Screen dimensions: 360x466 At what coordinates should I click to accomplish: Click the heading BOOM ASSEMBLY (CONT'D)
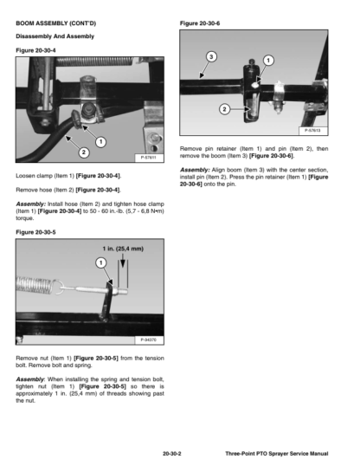tap(56, 23)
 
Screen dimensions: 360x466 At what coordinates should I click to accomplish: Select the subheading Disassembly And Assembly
tap(55, 36)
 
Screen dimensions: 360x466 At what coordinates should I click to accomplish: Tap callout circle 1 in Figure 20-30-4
tap(101, 142)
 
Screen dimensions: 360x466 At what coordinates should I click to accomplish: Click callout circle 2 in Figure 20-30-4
tap(84, 152)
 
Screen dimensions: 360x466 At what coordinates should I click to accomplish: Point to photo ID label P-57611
tap(149, 158)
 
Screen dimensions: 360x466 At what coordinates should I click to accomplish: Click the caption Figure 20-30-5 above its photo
tap(35, 232)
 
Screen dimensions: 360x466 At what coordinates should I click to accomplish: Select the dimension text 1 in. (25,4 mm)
tap(123, 249)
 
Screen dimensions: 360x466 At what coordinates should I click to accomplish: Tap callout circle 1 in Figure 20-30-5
tap(101, 262)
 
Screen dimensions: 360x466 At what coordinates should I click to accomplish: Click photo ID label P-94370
tap(149, 340)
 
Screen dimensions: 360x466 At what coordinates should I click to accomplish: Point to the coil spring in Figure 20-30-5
tap(35, 286)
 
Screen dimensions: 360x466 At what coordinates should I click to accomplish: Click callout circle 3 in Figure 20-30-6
tap(211, 56)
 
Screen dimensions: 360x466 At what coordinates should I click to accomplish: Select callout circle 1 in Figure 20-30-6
tap(268, 61)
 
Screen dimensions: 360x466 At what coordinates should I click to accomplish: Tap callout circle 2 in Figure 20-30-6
tap(224, 109)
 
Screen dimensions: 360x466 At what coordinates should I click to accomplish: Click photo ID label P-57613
tap(312, 131)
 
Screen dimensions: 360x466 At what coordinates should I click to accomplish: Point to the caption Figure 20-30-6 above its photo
tap(200, 23)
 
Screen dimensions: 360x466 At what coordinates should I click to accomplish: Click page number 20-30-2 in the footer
tap(172, 454)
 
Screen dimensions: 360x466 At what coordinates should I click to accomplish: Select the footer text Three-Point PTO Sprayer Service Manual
tap(277, 454)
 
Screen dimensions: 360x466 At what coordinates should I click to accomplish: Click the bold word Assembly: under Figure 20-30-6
tap(195, 170)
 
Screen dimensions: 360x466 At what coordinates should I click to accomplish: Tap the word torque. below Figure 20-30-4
tap(25, 218)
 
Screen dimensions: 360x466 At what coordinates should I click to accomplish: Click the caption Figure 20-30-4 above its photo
tap(35, 50)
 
